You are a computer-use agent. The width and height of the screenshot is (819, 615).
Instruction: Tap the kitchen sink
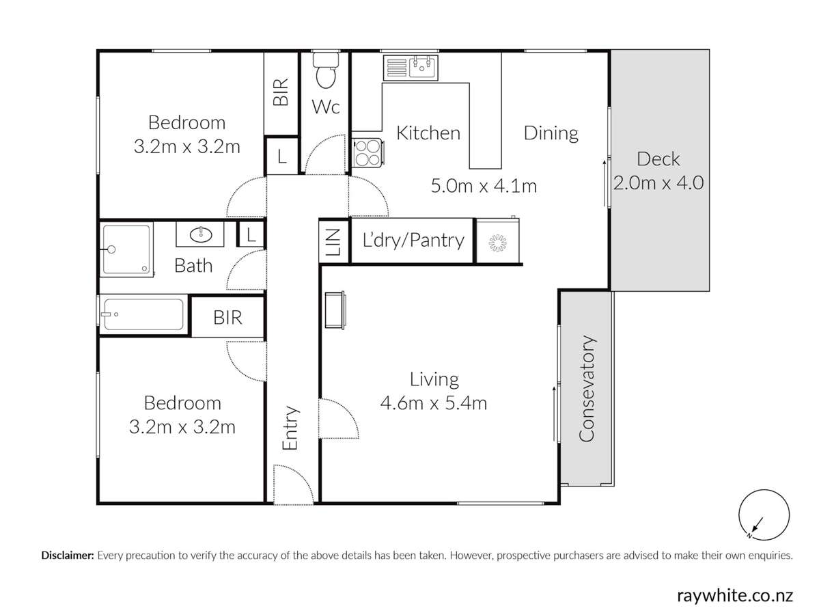pos(413,68)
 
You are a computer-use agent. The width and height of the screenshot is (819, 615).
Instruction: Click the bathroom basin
pos(201,235)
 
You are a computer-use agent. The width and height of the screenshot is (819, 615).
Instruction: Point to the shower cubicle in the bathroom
pos(127,250)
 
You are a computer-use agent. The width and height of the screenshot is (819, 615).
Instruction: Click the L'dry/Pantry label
pos(413,241)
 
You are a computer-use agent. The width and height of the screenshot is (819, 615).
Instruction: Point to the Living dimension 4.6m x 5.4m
pos(433,403)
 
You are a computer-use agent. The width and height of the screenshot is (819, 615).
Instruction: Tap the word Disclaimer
pos(68,556)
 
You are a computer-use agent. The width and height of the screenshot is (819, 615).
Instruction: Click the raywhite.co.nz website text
pos(734,595)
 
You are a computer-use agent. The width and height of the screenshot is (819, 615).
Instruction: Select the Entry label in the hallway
pos(291,428)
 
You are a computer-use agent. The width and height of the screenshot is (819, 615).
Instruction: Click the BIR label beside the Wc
pos(281,92)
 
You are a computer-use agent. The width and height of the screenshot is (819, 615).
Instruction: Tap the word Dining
pos(551,133)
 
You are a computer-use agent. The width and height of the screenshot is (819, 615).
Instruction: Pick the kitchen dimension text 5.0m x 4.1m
pos(483,184)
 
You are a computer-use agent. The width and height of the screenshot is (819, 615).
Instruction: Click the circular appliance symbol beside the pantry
pos(497,241)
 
